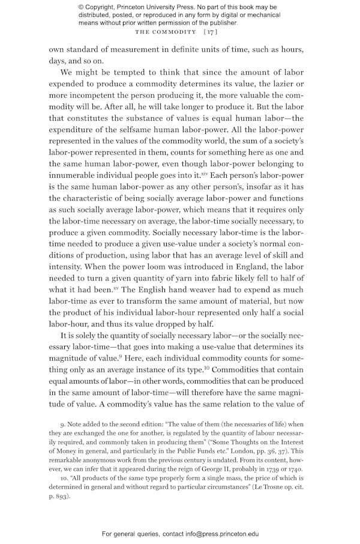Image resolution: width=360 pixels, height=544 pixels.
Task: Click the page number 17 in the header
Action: click(x=210, y=31)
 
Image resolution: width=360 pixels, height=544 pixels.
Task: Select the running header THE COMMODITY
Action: click(x=166, y=31)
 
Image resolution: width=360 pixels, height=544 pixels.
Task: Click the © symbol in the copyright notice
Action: click(x=81, y=7)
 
